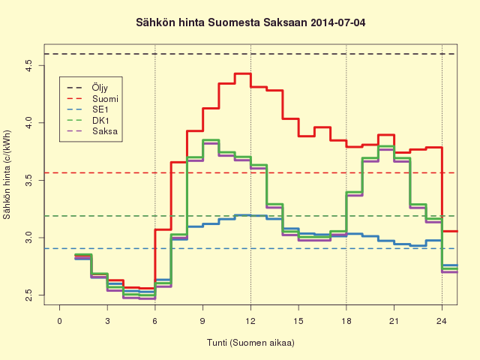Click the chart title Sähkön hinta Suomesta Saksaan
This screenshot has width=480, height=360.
(x=222, y=22)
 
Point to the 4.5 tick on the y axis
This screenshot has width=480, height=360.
(x=29, y=65)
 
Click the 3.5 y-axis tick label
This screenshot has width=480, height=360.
(x=29, y=180)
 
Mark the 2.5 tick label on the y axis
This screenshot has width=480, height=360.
(x=29, y=295)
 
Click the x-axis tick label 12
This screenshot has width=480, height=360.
(x=250, y=321)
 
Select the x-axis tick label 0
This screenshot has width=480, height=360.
(x=60, y=321)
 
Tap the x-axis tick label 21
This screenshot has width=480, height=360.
(x=394, y=321)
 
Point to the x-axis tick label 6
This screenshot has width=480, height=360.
(x=155, y=321)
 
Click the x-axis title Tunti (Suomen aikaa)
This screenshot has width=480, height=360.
(x=250, y=343)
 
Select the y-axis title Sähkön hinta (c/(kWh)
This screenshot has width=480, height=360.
(x=7, y=175)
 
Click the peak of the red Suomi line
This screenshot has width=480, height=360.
(x=243, y=73)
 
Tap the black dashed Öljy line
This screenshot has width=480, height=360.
(x=250, y=54)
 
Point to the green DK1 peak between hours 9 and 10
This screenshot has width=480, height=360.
(x=211, y=140)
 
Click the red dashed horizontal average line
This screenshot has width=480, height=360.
(x=250, y=173)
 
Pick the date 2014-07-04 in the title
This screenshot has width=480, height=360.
(x=338, y=22)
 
